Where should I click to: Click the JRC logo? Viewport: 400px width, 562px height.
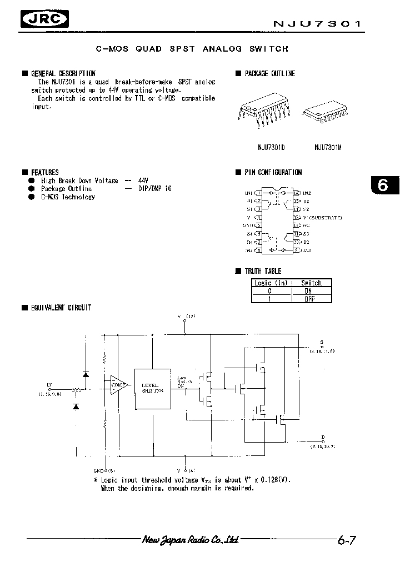coord(44,20)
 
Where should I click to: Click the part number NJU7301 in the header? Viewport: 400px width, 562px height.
coord(317,24)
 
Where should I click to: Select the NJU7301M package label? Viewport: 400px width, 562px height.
coord(328,148)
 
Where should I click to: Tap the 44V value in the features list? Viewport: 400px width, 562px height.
coord(144,180)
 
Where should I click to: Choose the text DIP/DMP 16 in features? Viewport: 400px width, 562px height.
coord(155,189)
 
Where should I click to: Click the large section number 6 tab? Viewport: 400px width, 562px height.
coord(383,185)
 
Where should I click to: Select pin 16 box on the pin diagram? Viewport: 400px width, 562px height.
coord(297,193)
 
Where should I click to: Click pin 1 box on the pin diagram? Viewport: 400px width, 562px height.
coord(258,193)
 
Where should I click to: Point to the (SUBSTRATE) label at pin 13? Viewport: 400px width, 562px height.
coord(324,217)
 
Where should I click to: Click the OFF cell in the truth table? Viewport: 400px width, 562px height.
coord(309,299)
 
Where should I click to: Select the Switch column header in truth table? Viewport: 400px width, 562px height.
coord(311,283)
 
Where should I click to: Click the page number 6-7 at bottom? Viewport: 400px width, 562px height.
coord(346,539)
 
